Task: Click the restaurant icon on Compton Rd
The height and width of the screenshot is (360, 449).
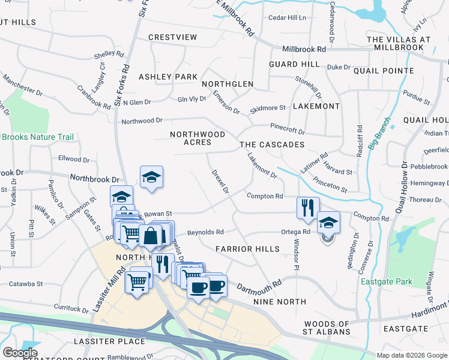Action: coord(307,208)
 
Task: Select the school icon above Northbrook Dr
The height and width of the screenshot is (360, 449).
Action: coord(151,177)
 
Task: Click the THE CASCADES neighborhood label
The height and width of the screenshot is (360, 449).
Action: coord(272,145)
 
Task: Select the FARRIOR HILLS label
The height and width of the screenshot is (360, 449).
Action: coord(247,248)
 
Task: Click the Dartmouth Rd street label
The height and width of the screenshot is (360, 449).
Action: coord(259,287)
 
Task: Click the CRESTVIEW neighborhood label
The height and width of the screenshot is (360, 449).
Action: coord(173,37)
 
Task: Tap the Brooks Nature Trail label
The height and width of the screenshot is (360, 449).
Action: coord(37,137)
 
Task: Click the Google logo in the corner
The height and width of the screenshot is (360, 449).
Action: coord(20,353)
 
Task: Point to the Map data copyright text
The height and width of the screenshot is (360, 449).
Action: coord(412,355)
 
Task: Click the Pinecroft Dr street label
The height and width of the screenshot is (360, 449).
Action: coord(288,130)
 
